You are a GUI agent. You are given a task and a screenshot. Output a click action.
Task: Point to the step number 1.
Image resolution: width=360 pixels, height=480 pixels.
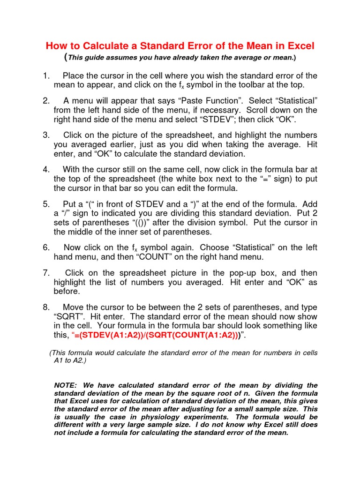pos(45,75)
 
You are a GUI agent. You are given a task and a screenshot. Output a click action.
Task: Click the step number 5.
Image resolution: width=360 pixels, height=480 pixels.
pos(45,204)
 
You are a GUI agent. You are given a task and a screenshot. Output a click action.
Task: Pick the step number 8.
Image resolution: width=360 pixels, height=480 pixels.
pos(45,307)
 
